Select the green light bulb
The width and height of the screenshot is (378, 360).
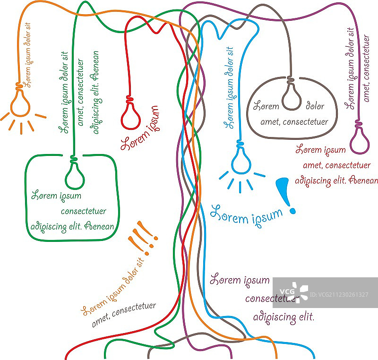75,176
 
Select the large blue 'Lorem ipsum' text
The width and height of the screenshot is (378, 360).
246,215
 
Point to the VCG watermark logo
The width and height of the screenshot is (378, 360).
293,291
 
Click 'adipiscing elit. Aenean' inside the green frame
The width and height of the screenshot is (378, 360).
72,226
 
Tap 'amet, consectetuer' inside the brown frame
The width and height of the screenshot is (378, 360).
294,122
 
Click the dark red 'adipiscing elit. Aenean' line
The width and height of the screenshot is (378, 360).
336,180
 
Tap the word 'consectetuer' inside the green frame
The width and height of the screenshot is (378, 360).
83,211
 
